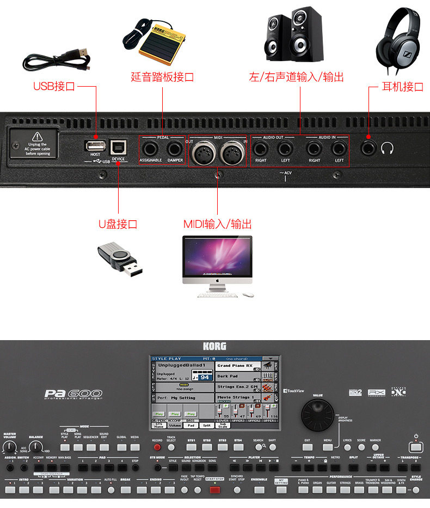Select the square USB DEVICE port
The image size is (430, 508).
(118, 147)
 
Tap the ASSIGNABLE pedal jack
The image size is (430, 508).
(150, 148)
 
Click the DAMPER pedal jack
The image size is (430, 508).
(175, 148)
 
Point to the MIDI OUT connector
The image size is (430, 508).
(202, 151)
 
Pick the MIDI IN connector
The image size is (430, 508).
(232, 151)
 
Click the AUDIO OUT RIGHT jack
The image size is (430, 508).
(260, 148)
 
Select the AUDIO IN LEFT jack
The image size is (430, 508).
(339, 148)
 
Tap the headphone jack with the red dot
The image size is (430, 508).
(369, 147)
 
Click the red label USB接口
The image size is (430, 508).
(54, 86)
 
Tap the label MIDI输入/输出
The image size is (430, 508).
(217, 224)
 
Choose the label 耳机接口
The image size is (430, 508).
(403, 87)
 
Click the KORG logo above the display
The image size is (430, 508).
(215, 346)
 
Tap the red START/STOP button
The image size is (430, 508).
(215, 489)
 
